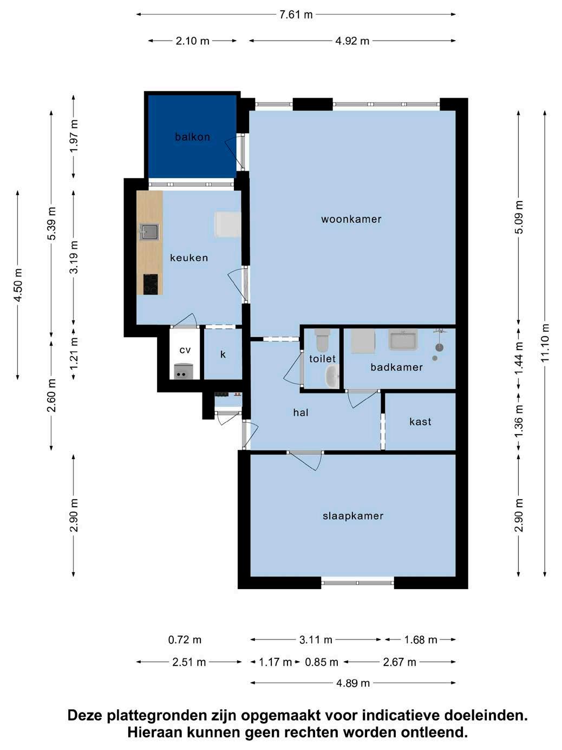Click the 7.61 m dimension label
click(x=296, y=15)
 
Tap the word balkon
click(x=192, y=137)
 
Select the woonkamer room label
click(x=351, y=219)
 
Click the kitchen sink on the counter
click(x=149, y=232)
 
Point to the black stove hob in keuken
click(x=151, y=285)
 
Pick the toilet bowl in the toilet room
click(x=322, y=340)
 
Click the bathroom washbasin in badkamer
click(x=403, y=339)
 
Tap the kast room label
click(x=420, y=422)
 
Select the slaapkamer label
click(x=353, y=515)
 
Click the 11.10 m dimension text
click(x=545, y=343)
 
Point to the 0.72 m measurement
click(x=185, y=639)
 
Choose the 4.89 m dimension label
click(x=353, y=683)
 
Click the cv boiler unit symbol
click(x=184, y=371)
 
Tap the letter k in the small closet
click(x=223, y=354)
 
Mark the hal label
click(x=300, y=413)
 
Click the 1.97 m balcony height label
click(x=74, y=136)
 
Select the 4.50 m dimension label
click(x=18, y=285)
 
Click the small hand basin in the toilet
click(x=332, y=376)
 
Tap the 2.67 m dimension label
click(x=400, y=662)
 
